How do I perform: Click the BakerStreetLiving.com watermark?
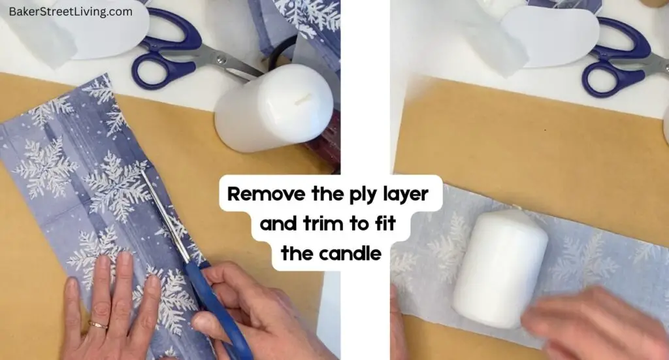click(x=71, y=12)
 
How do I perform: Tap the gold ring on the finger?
click(x=99, y=325)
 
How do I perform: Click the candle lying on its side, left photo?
click(x=274, y=108)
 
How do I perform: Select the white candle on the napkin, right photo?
click(x=500, y=268)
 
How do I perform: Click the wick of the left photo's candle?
click(x=302, y=101)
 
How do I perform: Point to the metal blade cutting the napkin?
click(x=163, y=216)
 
